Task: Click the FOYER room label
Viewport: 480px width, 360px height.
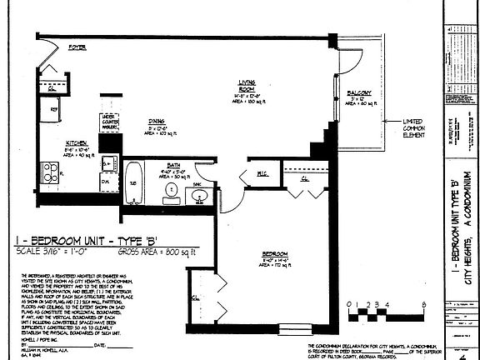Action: click(x=78, y=47)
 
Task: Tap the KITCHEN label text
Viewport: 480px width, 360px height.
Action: click(x=77, y=142)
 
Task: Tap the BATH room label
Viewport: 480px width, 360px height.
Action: click(x=174, y=165)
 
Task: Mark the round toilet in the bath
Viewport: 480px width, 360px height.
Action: click(x=171, y=191)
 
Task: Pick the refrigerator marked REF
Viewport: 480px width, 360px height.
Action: click(x=53, y=108)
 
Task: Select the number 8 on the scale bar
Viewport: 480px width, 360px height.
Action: click(x=423, y=304)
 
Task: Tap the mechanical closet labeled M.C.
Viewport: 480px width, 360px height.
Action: click(x=262, y=173)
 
